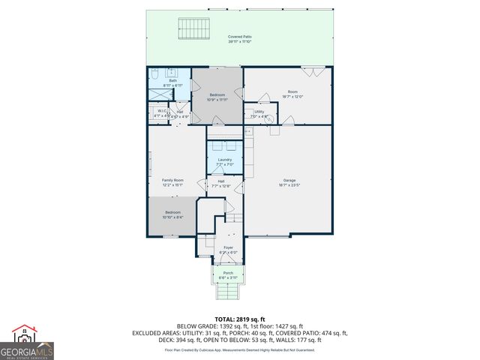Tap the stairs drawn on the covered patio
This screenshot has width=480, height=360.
pos(193,29)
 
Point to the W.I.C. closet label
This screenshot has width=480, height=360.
pos(161,112)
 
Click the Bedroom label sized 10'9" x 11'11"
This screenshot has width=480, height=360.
pos(217,96)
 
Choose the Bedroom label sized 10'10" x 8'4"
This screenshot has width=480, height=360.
pos(172,213)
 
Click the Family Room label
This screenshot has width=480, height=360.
pos(173,181)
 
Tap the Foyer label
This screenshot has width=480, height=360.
pos(228,247)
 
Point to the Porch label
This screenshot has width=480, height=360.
pos(228,273)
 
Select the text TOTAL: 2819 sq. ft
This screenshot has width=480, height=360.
pos(239,319)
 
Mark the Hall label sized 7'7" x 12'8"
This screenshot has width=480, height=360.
pos(221,182)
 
